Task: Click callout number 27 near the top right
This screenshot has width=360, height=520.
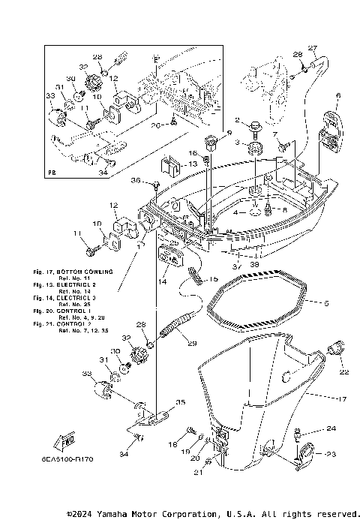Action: tap(313, 48)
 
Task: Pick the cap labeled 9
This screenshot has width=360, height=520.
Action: tap(209, 143)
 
